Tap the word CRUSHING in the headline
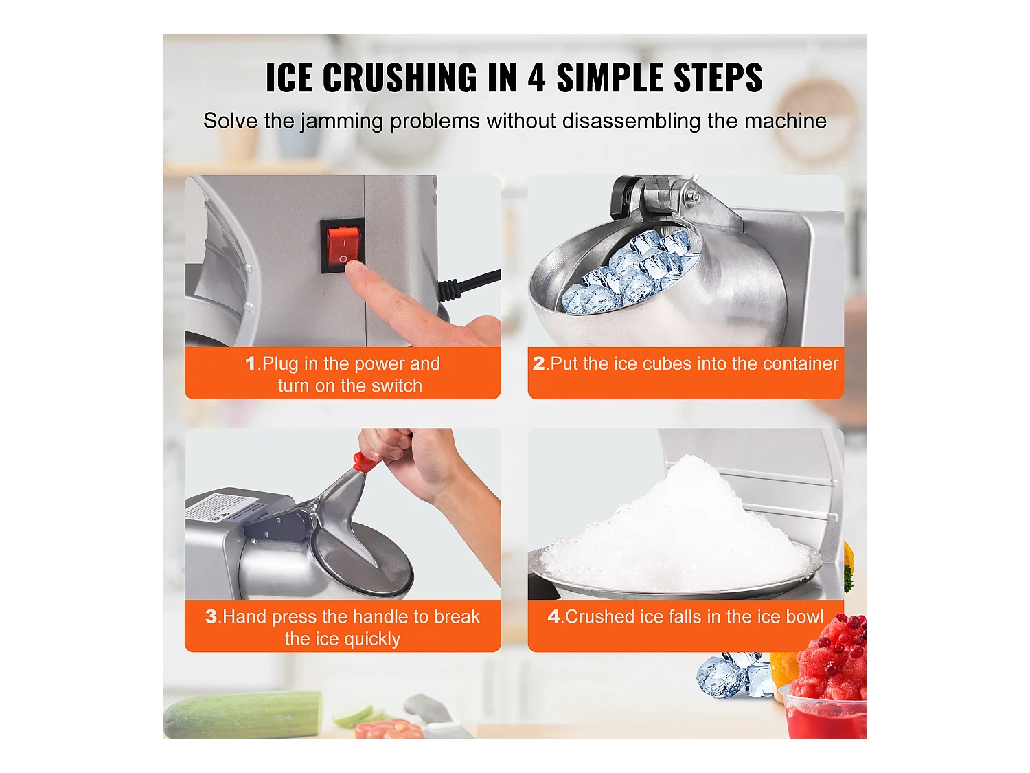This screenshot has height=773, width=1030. [x=400, y=78]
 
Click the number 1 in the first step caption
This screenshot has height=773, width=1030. [x=251, y=363]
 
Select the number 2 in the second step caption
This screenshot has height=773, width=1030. [x=539, y=363]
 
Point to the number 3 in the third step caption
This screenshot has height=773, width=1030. [x=211, y=616]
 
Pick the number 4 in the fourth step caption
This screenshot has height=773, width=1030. [x=553, y=616]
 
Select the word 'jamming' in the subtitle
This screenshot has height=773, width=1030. [x=341, y=122]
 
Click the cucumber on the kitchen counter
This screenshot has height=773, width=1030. [x=242, y=713]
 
